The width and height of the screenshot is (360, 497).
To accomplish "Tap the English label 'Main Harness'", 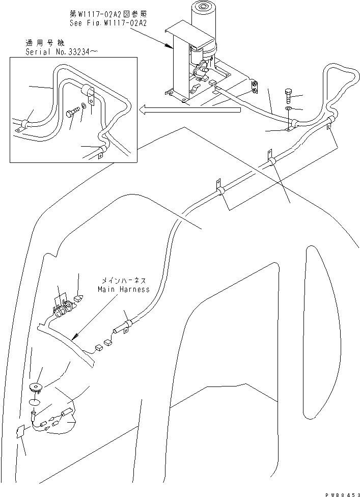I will pos(124,289).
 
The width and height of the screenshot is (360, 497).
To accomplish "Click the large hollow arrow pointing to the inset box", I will pos(191,108).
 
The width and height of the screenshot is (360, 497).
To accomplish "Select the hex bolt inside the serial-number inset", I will pos(73,113).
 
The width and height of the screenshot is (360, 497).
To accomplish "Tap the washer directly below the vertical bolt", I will pos(289,108).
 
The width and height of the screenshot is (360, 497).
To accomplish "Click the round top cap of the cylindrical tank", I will pos(202,9).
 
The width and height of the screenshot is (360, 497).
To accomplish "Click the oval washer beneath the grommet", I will pos(35,402).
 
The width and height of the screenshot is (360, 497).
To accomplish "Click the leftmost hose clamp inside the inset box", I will pos(22,124).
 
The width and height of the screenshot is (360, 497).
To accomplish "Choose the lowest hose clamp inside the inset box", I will pos(100,151).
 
